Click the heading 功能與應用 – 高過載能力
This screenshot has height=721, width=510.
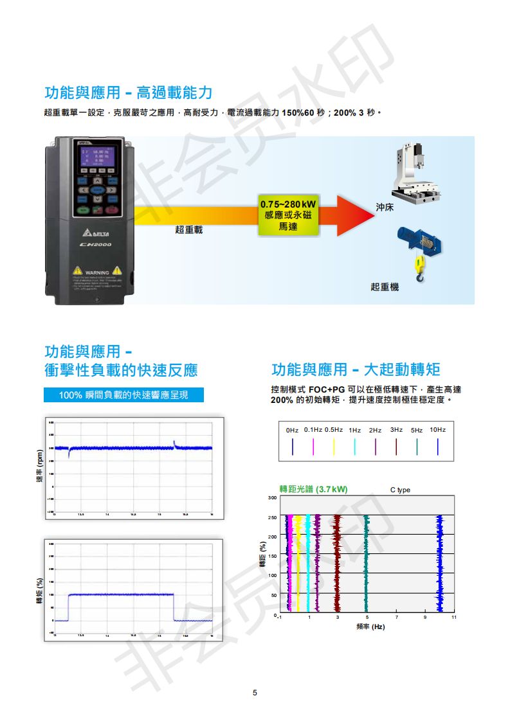pos(128,93)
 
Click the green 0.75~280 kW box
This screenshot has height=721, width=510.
pos(287,213)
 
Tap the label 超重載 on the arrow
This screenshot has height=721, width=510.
pos(188,229)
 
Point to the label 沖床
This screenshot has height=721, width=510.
pos(385,208)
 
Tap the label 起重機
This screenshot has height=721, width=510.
pos(385,287)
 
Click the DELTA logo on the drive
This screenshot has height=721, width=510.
pos(97,233)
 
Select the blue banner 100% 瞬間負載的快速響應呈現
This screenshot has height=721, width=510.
pos(123,395)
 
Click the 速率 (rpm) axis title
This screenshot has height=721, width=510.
pos(40,467)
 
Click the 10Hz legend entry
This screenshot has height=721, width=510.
pos(437,430)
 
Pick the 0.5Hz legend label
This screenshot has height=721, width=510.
pos(334,430)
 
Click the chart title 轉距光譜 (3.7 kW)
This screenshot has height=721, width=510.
pos(313,489)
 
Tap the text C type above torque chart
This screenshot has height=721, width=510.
pos(400,490)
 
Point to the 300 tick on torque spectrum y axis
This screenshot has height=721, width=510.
pos(272,497)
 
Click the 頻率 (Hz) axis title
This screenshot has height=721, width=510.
pos(370,627)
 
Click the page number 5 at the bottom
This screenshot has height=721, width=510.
pos(255,692)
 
